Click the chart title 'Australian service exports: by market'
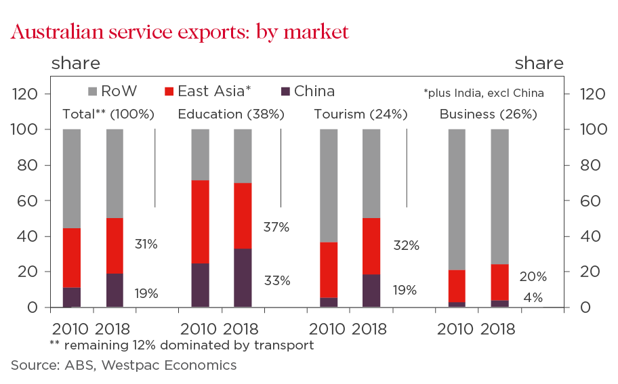point(180,32)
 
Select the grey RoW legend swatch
point(94,91)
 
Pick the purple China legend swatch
point(285,91)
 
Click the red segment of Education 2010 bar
point(200,221)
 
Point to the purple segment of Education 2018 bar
point(243,278)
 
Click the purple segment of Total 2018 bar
point(115,290)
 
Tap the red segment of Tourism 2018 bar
point(371,246)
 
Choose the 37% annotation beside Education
point(276,228)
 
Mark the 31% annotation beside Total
point(145,244)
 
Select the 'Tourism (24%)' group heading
point(360,114)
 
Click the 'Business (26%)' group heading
point(488,114)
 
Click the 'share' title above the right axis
point(539,64)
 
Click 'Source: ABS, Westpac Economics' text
point(123,366)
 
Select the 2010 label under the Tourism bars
point(328,330)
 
